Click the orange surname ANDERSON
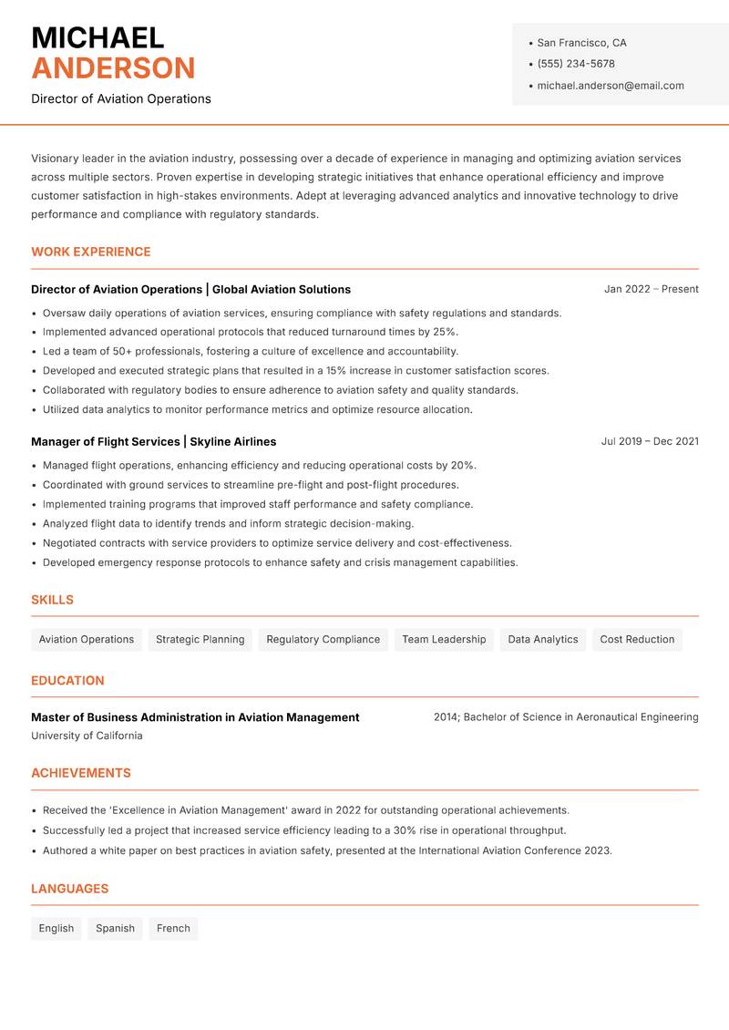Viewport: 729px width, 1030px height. [x=113, y=68]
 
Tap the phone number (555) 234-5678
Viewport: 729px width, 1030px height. [x=576, y=64]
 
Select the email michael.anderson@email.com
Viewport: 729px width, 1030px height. [x=611, y=86]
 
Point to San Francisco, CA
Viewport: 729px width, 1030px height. [x=581, y=43]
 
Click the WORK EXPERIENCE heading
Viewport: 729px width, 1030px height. [x=91, y=252]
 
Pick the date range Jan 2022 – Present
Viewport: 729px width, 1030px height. [x=651, y=289]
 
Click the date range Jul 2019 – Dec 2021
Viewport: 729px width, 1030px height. [x=650, y=441]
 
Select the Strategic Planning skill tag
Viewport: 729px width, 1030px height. [x=200, y=639]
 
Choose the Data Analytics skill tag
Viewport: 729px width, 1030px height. [x=543, y=639]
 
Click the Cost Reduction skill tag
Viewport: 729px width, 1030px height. [x=637, y=639]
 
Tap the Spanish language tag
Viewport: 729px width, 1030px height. [x=115, y=928]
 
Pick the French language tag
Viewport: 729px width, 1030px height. [x=173, y=928]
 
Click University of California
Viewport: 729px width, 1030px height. [x=87, y=736]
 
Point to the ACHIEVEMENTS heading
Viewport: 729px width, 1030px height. [x=81, y=773]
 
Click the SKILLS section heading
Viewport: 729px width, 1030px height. [x=52, y=600]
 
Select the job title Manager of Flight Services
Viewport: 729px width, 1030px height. [x=105, y=441]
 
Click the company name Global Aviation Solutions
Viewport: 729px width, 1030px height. [x=282, y=289]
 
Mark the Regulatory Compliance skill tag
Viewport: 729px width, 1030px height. [x=323, y=639]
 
